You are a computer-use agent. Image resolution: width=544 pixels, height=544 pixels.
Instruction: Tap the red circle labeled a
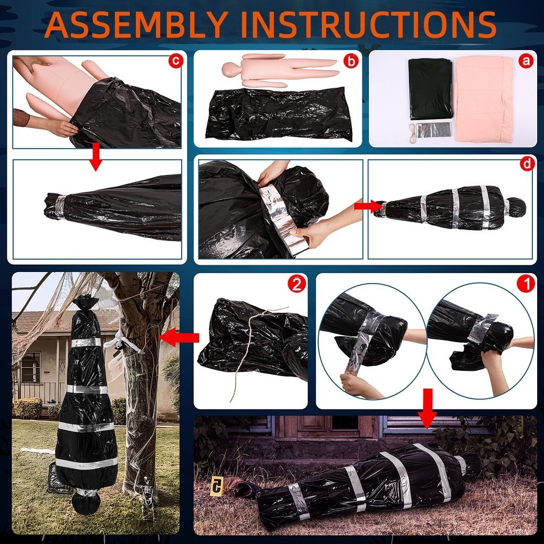(x=526, y=61)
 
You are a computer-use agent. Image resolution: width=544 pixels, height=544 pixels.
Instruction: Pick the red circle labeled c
(x=175, y=61)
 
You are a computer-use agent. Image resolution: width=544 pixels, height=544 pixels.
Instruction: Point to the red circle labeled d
(x=527, y=164)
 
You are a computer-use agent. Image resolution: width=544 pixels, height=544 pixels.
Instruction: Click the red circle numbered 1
(x=526, y=284)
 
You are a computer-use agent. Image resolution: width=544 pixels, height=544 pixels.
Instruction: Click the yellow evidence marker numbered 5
(x=217, y=484)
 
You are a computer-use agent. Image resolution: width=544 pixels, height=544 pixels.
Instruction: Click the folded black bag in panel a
(x=430, y=88)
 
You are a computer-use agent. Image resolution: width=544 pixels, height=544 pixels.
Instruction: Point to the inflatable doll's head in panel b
(x=229, y=69)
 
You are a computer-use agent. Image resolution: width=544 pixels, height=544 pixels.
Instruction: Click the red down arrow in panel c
(x=96, y=157)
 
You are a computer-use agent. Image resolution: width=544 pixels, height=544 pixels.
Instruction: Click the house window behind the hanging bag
(x=31, y=367)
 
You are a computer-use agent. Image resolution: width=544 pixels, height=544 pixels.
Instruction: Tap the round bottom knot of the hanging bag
(x=86, y=503)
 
